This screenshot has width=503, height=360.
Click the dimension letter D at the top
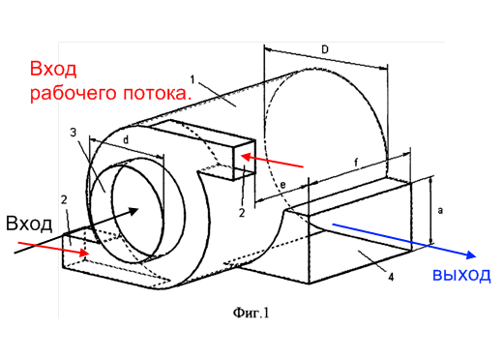(325, 49)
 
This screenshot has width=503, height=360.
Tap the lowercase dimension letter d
(126, 139)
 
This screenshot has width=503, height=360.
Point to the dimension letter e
(282, 185)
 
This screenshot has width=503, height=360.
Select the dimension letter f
(356, 163)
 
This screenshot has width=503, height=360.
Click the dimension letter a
(440, 211)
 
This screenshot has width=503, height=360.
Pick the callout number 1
(192, 79)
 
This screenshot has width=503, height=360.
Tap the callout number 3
(74, 133)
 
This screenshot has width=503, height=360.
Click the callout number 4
(391, 277)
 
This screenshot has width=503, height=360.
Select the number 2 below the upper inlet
(242, 213)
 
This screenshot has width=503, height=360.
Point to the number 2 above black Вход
(64, 200)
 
